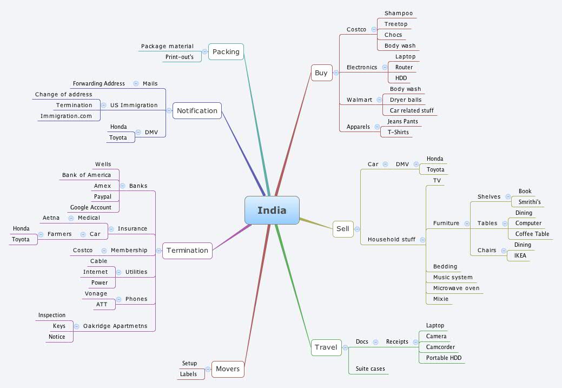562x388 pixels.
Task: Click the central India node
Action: [272, 210]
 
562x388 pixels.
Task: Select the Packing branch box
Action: [226, 51]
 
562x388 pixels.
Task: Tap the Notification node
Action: [197, 110]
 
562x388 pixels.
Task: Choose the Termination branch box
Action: [187, 251]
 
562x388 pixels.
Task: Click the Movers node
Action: [228, 369]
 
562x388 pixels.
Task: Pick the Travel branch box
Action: [326, 347]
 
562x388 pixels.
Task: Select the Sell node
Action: [343, 229]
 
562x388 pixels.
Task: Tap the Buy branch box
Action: [321, 73]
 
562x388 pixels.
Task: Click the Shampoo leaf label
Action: [399, 14]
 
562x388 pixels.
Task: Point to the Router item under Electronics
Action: [404, 67]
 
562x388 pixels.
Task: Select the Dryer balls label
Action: [406, 100]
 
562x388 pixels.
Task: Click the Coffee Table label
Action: [532, 234]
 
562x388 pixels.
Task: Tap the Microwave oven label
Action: [457, 288]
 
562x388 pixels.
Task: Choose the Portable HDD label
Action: [444, 358]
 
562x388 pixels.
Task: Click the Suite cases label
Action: [370, 369]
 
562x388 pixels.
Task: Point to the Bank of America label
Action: [87, 175]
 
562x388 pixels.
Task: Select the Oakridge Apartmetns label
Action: [115, 326]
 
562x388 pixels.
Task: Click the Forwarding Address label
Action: [99, 83]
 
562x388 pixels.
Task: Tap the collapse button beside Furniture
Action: [467, 223]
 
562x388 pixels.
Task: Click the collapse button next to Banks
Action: [123, 186]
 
